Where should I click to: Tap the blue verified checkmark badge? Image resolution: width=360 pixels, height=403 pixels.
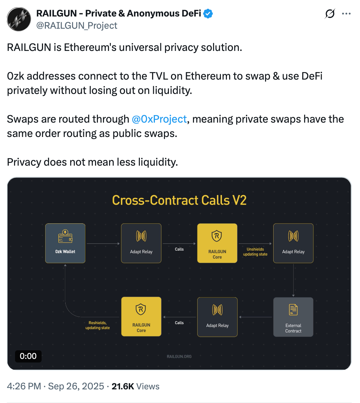208,14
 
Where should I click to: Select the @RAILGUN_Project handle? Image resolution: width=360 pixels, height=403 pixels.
77,25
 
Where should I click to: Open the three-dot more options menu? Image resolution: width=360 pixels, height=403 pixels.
346,14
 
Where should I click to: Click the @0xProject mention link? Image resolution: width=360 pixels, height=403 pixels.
160,119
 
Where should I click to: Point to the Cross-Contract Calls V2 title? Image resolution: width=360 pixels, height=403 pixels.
179,200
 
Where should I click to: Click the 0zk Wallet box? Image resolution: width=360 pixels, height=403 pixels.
65,243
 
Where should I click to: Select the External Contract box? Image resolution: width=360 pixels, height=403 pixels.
293,317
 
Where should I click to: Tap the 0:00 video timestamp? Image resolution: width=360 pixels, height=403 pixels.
28,356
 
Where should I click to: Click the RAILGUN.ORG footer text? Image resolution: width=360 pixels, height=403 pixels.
179,356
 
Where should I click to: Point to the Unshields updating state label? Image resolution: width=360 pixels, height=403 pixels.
255,252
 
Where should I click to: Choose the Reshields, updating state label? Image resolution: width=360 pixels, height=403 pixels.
98,325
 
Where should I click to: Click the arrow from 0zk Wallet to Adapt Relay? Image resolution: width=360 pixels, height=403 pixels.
103,244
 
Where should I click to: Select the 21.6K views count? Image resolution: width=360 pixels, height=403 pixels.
123,386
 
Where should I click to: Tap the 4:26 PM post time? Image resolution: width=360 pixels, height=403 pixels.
25,386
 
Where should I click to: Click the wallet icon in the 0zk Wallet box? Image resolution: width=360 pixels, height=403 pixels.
65,236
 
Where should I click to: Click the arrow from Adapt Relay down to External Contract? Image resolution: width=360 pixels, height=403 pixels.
293,280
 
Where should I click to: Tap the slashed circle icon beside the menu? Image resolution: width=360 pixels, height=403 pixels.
330,14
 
